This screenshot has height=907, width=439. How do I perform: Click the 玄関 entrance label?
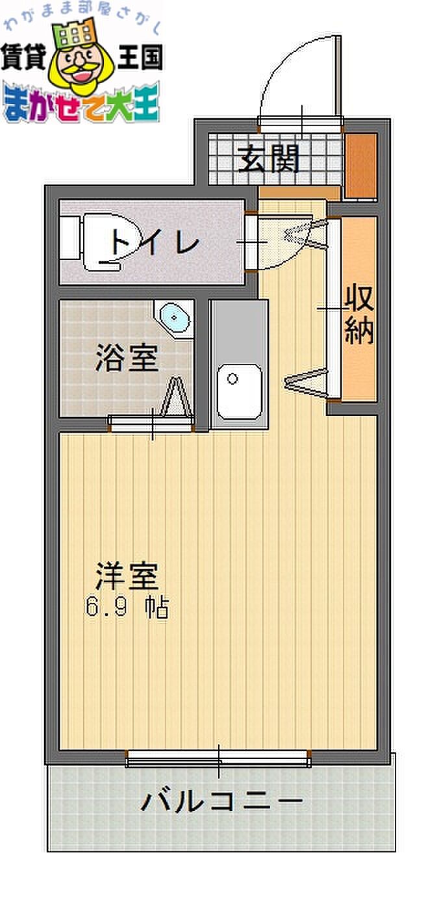click(269, 159)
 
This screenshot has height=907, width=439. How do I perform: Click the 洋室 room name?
click(127, 576)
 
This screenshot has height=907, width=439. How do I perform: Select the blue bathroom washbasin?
click(174, 318)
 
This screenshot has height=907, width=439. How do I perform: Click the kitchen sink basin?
click(239, 392)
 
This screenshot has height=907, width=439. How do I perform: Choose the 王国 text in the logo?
click(140, 57)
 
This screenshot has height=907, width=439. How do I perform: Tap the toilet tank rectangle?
click(69, 238)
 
